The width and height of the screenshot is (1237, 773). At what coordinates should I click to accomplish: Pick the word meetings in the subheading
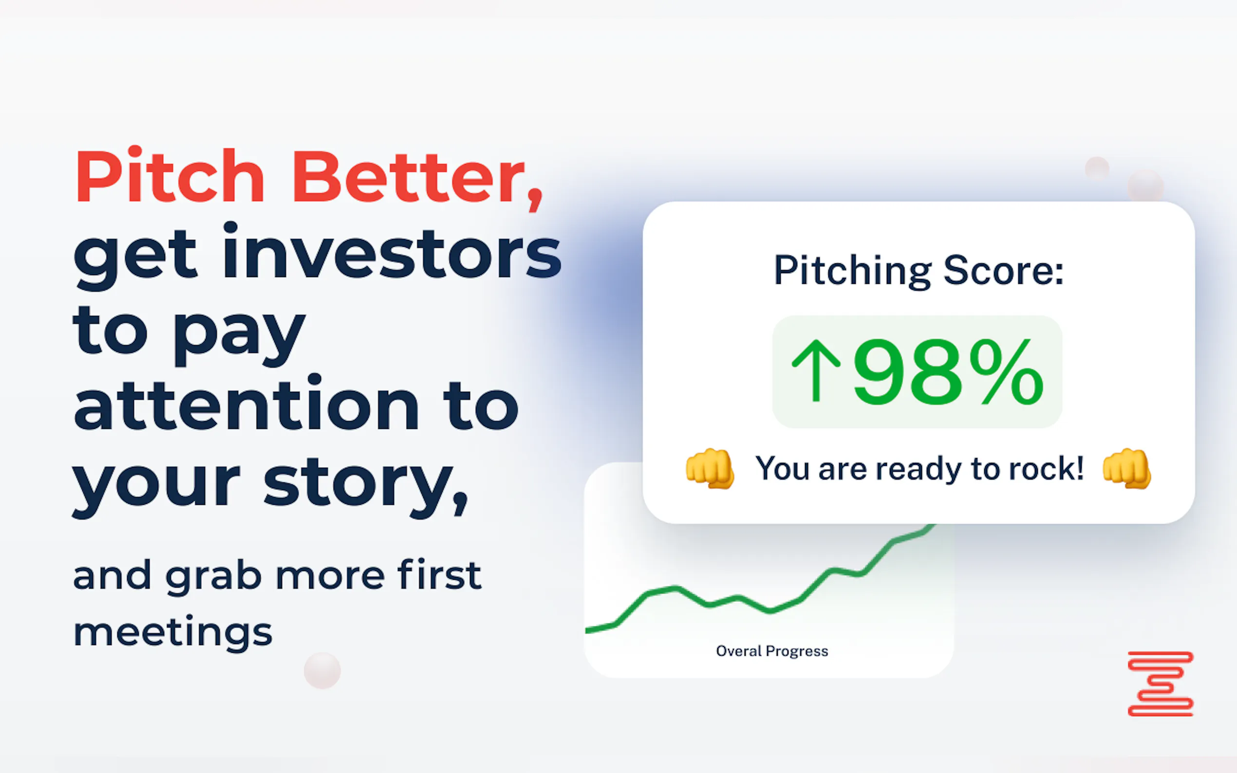[x=173, y=632]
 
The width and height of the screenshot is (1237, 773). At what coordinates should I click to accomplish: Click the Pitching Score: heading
[x=918, y=271]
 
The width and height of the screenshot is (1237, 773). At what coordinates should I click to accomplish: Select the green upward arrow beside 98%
[x=816, y=371]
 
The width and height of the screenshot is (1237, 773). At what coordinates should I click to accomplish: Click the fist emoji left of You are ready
[x=710, y=468]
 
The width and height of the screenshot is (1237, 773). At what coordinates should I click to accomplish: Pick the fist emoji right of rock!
[x=1126, y=468]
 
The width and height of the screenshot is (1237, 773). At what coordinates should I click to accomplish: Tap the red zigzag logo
[x=1160, y=683]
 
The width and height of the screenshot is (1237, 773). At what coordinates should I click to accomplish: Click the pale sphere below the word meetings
[x=322, y=670]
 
